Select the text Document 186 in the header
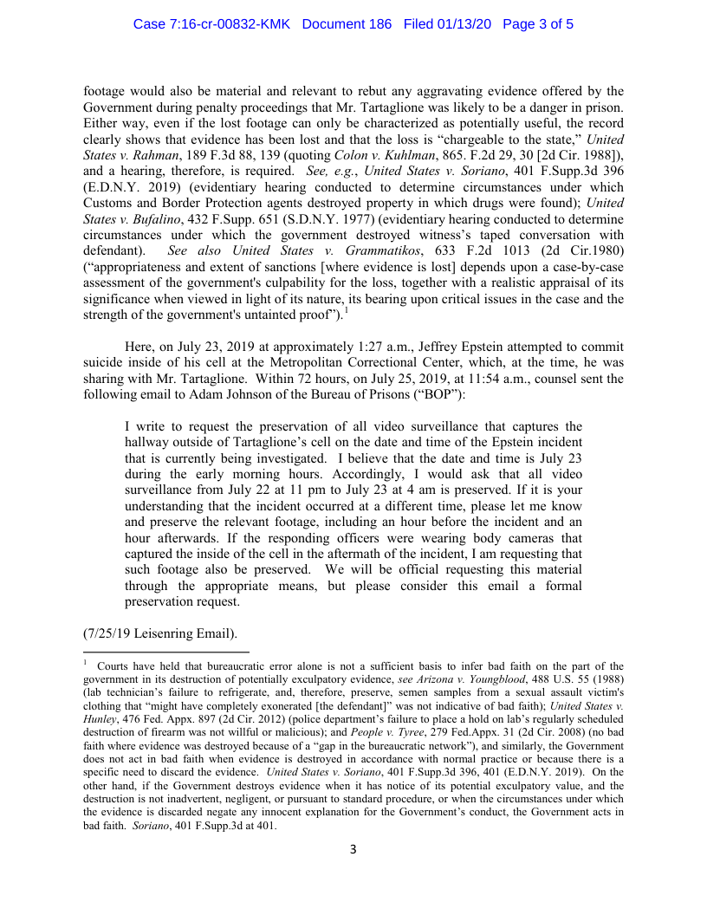coord(349,24)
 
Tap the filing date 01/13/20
coord(461,24)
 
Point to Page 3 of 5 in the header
coord(538,24)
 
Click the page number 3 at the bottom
coord(353,849)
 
